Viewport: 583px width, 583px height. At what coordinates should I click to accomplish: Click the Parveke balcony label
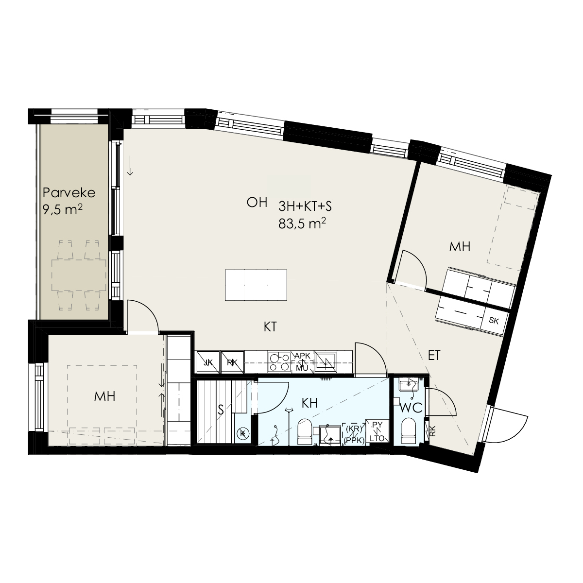69,193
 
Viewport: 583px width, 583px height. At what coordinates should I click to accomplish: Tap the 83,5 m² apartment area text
302,224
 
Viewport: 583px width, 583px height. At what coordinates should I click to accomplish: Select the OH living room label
257,203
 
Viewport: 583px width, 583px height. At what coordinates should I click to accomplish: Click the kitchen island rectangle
256,285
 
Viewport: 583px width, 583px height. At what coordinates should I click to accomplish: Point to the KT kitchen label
270,327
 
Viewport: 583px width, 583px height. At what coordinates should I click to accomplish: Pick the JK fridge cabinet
208,362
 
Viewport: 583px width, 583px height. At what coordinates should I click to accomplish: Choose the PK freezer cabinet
232,362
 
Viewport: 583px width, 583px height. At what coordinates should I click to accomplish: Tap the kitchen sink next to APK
325,361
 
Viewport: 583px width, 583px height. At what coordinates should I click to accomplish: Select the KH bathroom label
310,403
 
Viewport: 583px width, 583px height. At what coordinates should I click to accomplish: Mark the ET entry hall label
434,356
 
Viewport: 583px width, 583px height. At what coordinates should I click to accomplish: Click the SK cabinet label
494,320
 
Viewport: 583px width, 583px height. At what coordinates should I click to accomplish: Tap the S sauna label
221,410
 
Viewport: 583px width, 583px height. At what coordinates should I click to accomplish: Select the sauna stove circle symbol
242,433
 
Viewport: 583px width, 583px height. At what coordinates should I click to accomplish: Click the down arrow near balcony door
130,166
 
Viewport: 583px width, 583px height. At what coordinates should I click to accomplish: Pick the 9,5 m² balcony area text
63,209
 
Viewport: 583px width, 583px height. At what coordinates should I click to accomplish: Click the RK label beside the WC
433,431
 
